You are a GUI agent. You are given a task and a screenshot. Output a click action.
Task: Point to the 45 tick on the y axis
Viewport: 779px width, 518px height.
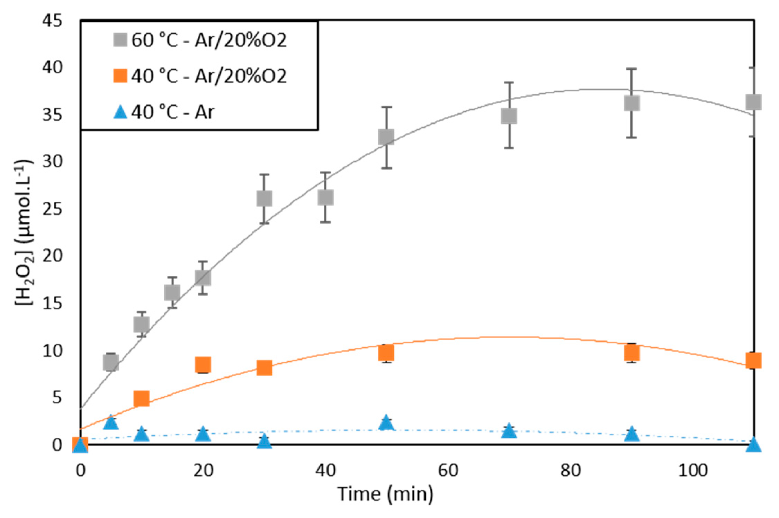pyautogui.click(x=52, y=21)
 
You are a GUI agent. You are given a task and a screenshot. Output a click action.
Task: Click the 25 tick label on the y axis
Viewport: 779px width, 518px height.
pyautogui.click(x=52, y=209)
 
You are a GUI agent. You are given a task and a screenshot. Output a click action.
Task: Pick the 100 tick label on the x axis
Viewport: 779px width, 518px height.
pyautogui.click(x=693, y=471)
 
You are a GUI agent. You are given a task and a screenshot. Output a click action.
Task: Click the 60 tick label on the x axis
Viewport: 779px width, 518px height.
pyautogui.click(x=448, y=471)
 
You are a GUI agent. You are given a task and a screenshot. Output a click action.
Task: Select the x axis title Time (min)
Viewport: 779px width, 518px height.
pyautogui.click(x=385, y=494)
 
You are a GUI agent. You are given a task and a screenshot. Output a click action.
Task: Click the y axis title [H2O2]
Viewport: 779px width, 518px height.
pyautogui.click(x=24, y=232)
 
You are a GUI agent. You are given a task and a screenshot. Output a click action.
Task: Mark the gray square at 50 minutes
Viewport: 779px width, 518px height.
pyautogui.click(x=386, y=137)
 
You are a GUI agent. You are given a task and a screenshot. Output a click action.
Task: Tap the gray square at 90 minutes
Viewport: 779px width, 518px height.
pyautogui.click(x=632, y=103)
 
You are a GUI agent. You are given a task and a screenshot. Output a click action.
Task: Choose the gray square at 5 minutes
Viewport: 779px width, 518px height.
pyautogui.click(x=111, y=363)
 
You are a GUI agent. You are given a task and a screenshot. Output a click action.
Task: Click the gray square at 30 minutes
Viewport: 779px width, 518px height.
pyautogui.click(x=264, y=198)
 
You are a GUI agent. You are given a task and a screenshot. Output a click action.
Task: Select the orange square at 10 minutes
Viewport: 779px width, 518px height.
pyautogui.click(x=142, y=398)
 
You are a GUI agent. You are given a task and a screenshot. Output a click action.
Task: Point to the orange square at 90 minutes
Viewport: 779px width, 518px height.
pyautogui.click(x=632, y=353)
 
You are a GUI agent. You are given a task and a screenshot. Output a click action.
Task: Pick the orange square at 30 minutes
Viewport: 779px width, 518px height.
pyautogui.click(x=264, y=367)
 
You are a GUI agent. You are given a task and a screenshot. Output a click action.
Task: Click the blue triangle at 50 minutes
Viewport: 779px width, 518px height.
pyautogui.click(x=386, y=423)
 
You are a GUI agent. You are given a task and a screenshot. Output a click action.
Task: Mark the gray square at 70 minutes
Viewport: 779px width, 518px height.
pyautogui.click(x=509, y=116)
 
